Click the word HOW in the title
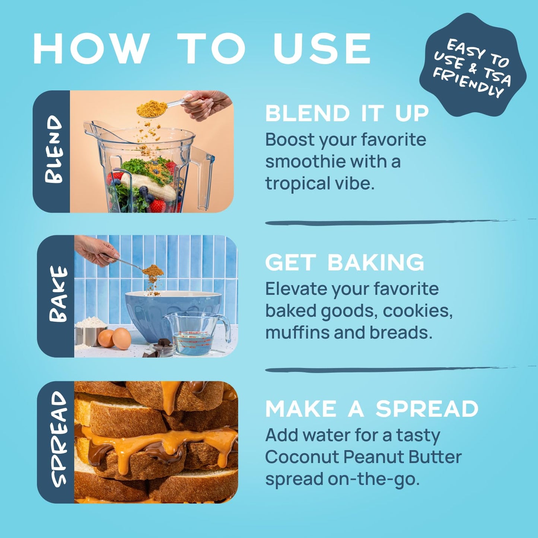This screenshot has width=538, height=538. tap(91, 49)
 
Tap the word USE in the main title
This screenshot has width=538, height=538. tap(322, 49)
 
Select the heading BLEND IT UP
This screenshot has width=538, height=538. tap(347, 113)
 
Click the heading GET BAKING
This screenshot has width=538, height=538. tap(345, 262)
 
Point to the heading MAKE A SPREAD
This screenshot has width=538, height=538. tap(372, 409)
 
